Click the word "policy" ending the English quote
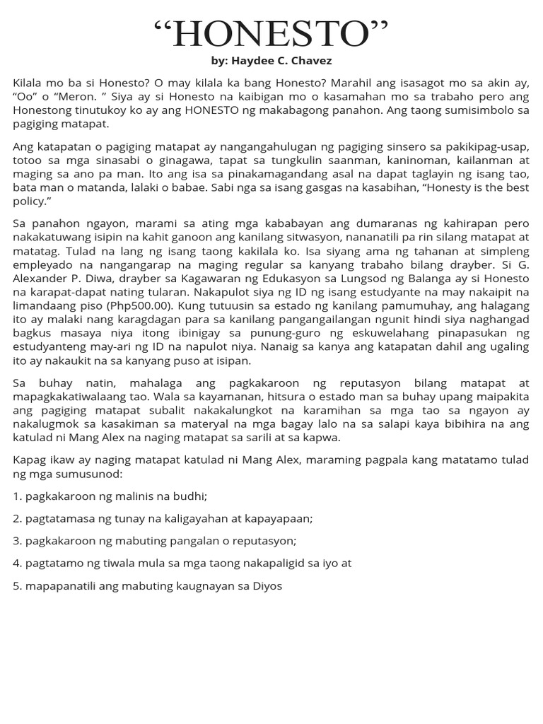pyautogui.click(x=32, y=202)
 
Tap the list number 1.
pyautogui.click(x=16, y=496)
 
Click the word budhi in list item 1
pyautogui.click(x=189, y=496)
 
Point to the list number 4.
pyautogui.click(x=16, y=564)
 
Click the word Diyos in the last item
pyautogui.click(x=267, y=586)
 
